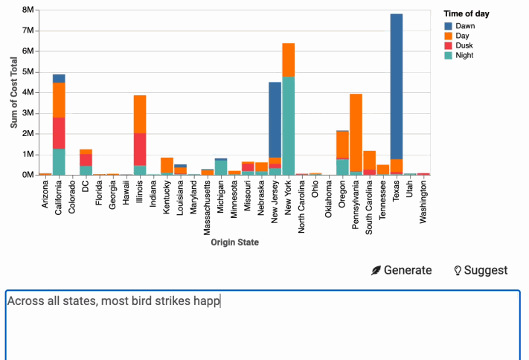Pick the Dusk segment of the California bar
coord(59,133)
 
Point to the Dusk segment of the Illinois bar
coord(140,149)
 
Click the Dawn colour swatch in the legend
coord(447,26)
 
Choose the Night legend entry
coord(464,55)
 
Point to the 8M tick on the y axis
coord(28,10)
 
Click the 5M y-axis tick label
coord(28,72)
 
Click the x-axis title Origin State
coord(234,242)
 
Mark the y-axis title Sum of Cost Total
coord(14,92)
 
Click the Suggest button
coord(481,270)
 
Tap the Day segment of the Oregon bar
coord(343,144)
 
